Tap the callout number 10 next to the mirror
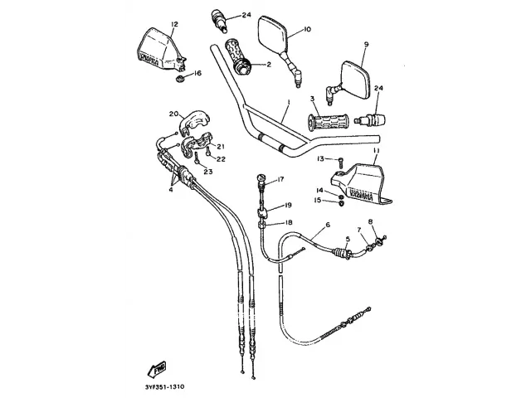pos(307,30)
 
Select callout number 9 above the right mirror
pos(366,44)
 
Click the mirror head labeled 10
pos(271,34)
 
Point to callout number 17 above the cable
pos(280,179)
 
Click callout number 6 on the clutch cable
pos(327,225)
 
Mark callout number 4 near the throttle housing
pos(171,189)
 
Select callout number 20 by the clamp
pos(174,114)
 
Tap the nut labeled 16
pos(179,79)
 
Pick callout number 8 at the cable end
pos(371,221)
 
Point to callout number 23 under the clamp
pos(208,172)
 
